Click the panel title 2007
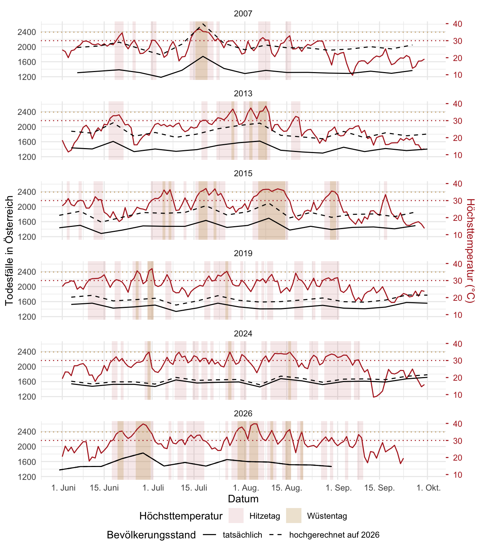[243, 14]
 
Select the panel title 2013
[243, 93]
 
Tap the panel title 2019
[243, 253]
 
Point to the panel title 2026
[243, 413]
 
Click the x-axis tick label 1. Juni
[63, 488]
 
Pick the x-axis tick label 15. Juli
[194, 488]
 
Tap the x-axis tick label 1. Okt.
[428, 488]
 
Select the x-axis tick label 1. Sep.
[339, 488]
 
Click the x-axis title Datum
[243, 499]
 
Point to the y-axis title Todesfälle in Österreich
[9, 250]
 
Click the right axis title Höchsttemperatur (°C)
[471, 250]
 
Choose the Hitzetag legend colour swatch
[236, 516]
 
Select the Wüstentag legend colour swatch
[294, 516]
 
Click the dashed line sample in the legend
[275, 534]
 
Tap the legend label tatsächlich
[242, 535]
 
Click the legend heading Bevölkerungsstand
[151, 535]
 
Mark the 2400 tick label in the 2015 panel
[26, 192]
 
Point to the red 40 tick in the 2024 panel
[457, 344]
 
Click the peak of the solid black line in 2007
[203, 56]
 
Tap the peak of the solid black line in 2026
[143, 453]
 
